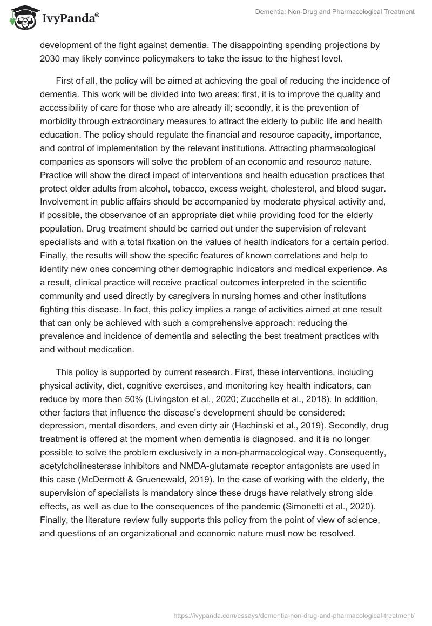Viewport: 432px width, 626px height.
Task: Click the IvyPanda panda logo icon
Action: pos(22,20)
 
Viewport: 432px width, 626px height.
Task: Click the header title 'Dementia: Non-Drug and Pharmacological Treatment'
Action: pos(335,12)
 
